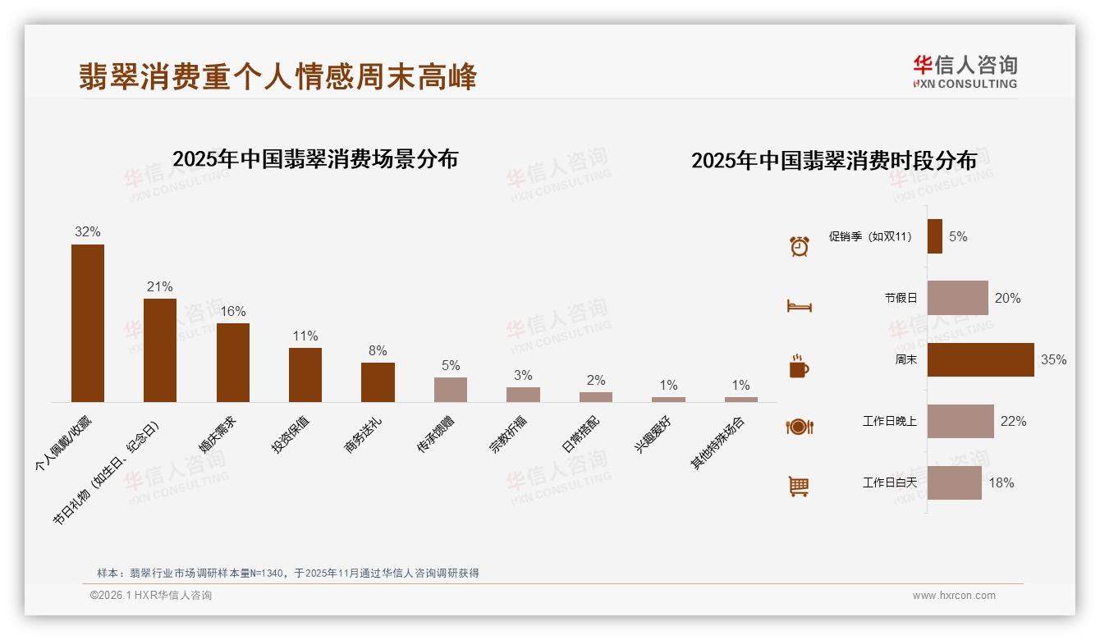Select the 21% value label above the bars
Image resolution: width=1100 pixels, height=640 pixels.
point(160,286)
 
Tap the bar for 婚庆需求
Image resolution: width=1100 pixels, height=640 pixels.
point(233,362)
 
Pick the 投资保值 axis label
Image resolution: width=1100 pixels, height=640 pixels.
point(291,434)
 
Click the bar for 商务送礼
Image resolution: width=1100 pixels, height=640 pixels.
point(378,382)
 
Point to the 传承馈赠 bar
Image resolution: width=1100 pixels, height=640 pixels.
point(451,389)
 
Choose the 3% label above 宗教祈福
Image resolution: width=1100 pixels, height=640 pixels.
point(523,375)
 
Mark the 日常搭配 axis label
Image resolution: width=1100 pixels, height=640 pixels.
point(580,434)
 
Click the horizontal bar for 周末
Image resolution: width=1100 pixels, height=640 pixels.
point(980,359)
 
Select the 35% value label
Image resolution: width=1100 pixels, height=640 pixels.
point(1053,359)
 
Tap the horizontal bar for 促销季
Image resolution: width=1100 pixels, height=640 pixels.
point(935,236)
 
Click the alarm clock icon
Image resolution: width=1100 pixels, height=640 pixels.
point(799,245)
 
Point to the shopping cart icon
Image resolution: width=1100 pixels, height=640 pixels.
point(799,487)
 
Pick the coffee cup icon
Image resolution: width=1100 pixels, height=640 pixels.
point(799,366)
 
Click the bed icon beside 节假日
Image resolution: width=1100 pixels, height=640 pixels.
point(799,306)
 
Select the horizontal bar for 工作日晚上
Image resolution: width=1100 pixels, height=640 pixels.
point(960,421)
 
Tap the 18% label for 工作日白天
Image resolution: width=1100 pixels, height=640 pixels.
point(1001,482)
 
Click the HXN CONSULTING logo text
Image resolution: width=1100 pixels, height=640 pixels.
point(965,84)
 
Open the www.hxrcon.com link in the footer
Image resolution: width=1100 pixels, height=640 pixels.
point(954,596)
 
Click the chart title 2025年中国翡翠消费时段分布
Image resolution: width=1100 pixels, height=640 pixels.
point(834,160)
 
